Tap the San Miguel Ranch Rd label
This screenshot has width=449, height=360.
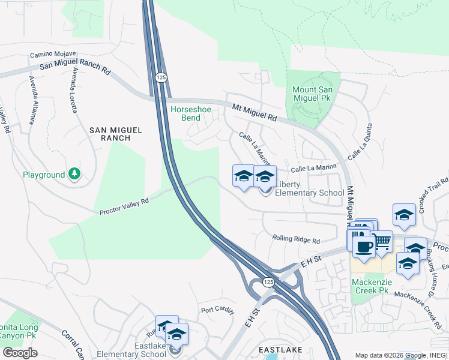tap(75, 69)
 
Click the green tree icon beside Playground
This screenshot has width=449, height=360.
tap(74, 174)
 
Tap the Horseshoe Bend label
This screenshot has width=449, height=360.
tap(190, 113)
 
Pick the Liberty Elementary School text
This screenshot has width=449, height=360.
tap(309, 188)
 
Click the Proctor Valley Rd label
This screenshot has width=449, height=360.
tap(124, 206)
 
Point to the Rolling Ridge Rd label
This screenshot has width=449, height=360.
tap(296, 239)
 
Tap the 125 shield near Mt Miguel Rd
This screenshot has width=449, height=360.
tap(160, 77)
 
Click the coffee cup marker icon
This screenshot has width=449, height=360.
tap(364, 245)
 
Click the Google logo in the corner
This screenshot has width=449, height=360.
tap(20, 353)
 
